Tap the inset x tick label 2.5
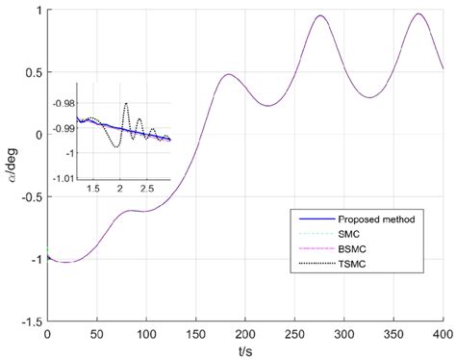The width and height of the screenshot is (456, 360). pyautogui.click(x=149, y=190)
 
